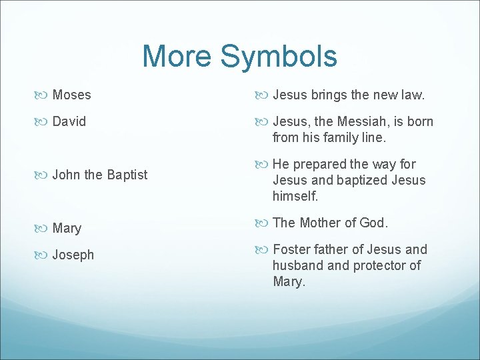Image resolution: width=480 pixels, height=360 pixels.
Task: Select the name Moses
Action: click(71, 95)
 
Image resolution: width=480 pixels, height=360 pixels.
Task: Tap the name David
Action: click(69, 122)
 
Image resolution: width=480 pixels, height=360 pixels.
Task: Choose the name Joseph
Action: click(73, 255)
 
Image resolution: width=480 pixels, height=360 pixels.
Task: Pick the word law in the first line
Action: click(412, 95)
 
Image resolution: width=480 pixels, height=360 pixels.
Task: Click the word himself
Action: click(295, 197)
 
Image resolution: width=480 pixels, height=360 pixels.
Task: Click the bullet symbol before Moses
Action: click(42, 95)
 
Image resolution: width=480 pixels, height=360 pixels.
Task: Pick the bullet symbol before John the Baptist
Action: click(42, 175)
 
